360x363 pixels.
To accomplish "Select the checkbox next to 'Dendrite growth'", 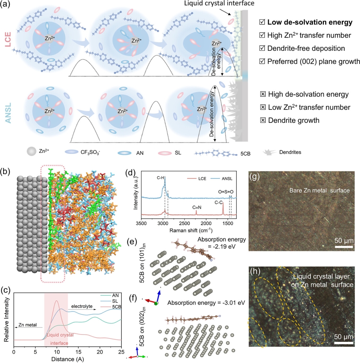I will coord(263,120).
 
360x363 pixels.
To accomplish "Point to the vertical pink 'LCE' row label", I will coord(7,45).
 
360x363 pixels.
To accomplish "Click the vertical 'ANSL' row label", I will coord(7,112).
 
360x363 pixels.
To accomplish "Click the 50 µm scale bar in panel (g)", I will coord(343,246).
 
